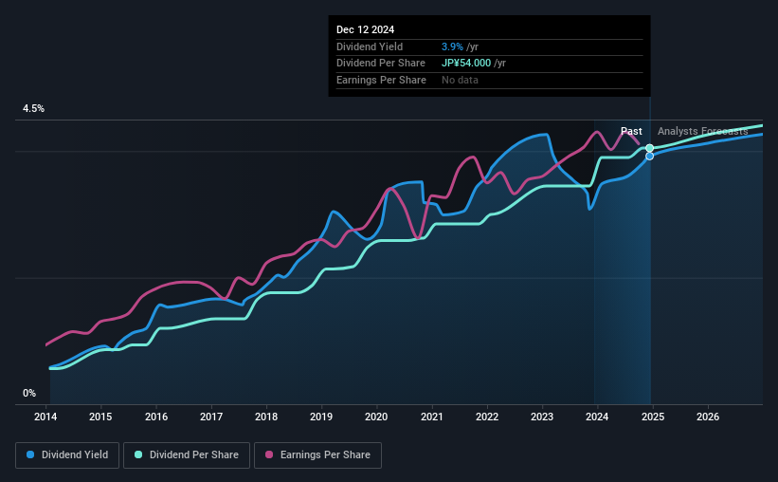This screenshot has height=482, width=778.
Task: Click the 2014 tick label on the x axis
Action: pos(46,417)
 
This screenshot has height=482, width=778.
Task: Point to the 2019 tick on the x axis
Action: pos(321,417)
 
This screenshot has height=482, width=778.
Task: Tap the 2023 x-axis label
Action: pos(542,417)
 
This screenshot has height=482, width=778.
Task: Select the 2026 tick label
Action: pos(707,417)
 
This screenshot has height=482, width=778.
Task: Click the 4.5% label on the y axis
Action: pos(34,109)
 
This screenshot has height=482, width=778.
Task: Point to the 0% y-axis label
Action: pos(29,393)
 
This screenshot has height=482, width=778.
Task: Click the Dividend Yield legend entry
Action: pos(67,455)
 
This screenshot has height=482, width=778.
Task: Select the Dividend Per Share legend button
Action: pos(191,455)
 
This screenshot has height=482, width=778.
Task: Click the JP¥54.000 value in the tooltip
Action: pos(467,64)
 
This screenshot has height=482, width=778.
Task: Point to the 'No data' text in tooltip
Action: pos(460,80)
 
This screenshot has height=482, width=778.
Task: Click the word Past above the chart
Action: pos(631,131)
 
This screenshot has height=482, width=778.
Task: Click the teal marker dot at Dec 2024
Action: pos(649,148)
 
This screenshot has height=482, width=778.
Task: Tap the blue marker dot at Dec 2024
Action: pos(649,156)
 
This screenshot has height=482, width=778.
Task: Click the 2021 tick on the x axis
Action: pos(432,417)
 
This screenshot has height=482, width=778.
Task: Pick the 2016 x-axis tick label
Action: pos(156,417)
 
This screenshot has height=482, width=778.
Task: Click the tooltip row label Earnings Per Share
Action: pos(381,80)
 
